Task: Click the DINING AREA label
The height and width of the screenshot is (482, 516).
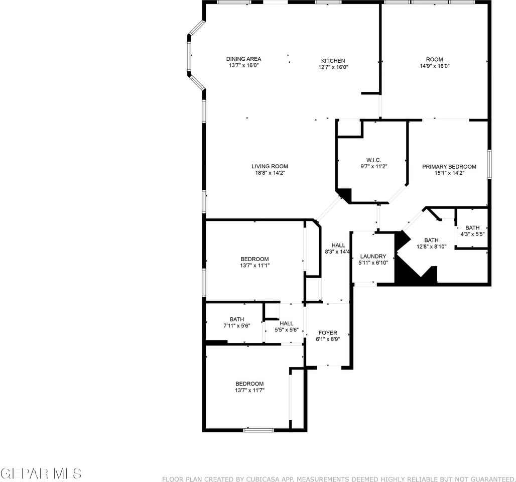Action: click(x=243, y=59)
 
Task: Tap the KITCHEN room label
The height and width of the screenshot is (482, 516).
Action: click(x=333, y=61)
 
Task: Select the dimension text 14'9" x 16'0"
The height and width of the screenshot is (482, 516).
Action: click(x=435, y=66)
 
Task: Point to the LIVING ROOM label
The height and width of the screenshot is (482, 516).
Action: click(x=270, y=167)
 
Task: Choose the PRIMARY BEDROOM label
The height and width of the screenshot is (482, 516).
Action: click(x=449, y=167)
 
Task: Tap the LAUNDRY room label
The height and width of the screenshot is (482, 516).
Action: click(x=373, y=256)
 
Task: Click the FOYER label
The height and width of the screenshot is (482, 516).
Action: click(x=328, y=333)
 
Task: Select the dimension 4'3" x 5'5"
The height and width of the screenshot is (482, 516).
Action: click(x=472, y=234)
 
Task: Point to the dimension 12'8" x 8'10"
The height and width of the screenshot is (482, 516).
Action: click(x=432, y=247)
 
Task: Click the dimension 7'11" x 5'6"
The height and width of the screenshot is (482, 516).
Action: click(x=237, y=326)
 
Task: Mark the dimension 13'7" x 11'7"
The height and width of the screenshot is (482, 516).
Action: click(x=249, y=390)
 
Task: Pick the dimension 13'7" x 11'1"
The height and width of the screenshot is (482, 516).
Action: click(x=255, y=266)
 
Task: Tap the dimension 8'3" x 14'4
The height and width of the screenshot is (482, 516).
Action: click(x=337, y=252)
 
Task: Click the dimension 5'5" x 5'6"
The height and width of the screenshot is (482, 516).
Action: click(x=287, y=330)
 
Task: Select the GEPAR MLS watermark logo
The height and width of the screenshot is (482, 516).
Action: click(x=41, y=473)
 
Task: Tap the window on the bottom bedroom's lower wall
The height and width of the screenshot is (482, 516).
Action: click(x=259, y=430)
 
